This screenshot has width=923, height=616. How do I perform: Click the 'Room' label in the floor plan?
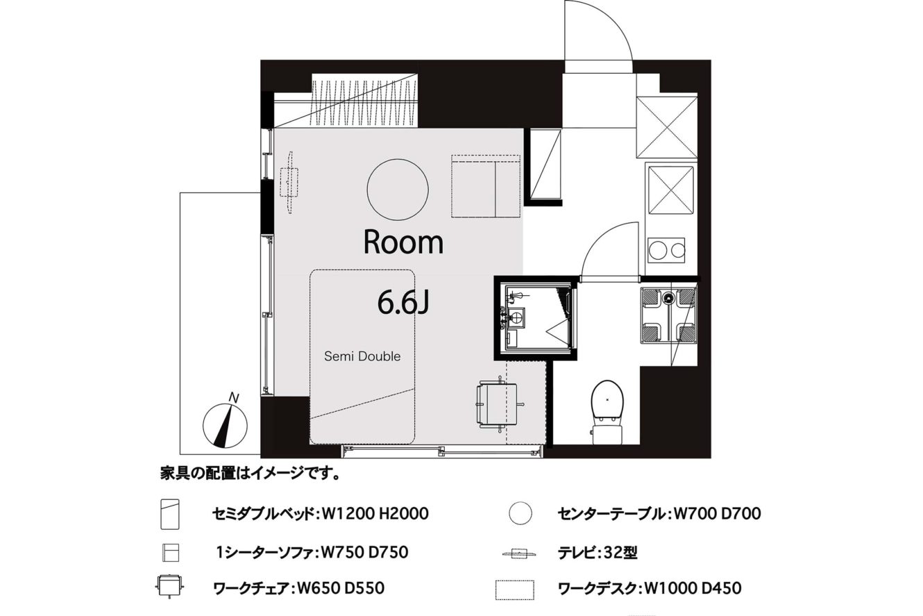tap(403, 243)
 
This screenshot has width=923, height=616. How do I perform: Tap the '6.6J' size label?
tap(403, 302)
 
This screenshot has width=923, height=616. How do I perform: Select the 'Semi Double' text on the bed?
tap(362, 356)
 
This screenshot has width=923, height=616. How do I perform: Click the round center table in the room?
tap(398, 190)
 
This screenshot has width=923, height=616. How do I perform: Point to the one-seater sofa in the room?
tap(486, 186)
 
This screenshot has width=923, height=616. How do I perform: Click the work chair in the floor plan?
tap(498, 403)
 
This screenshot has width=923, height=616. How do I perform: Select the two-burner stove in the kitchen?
tap(666, 250)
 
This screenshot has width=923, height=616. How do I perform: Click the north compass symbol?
tap(225, 426)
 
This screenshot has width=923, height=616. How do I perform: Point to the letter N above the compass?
tap(234, 399)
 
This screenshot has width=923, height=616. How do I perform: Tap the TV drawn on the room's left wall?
tap(290, 182)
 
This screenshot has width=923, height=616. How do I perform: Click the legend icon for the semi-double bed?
tap(170, 514)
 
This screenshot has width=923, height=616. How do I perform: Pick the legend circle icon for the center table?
tap(520, 513)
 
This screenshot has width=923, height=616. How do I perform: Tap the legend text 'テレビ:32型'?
tap(598, 553)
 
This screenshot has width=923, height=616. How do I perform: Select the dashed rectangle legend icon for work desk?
tap(515, 590)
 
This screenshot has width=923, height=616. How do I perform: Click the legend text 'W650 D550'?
tap(340, 588)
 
